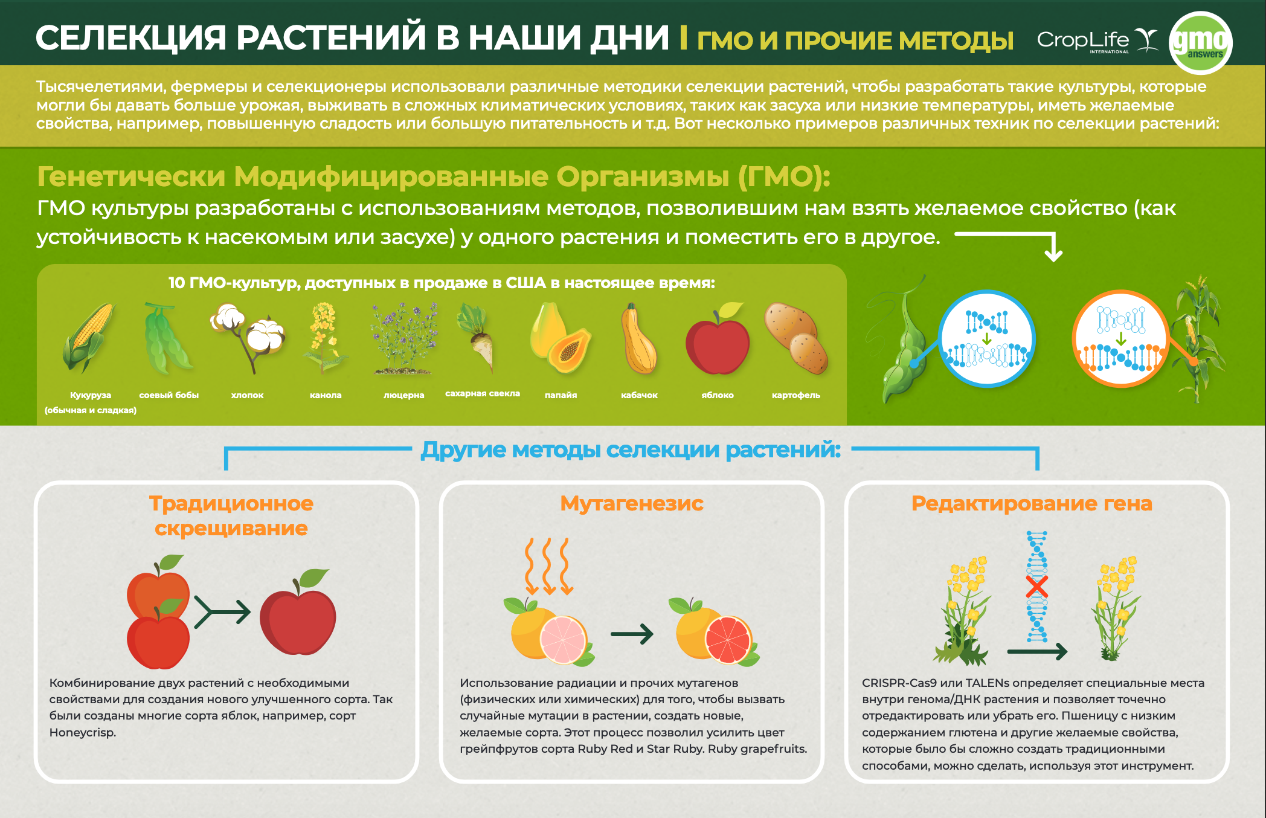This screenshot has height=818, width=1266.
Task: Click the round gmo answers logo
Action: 1200,43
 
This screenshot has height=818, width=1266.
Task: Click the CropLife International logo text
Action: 1083,40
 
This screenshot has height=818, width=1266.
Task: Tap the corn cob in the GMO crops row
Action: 89,337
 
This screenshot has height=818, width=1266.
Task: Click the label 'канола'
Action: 326,395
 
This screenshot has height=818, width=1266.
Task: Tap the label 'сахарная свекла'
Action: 483,393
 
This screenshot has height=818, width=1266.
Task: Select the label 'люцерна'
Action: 404,395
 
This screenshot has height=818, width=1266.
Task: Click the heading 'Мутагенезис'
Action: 632,503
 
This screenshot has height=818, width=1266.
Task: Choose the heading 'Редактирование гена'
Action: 1032,503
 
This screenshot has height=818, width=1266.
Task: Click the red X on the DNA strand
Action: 1037,587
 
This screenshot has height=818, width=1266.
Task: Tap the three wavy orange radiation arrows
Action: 548,566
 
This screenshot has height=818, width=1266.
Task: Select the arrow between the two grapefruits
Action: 632,634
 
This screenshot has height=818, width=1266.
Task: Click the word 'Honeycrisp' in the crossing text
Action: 82,732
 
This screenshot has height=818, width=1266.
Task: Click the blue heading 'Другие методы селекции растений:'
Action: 631,450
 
